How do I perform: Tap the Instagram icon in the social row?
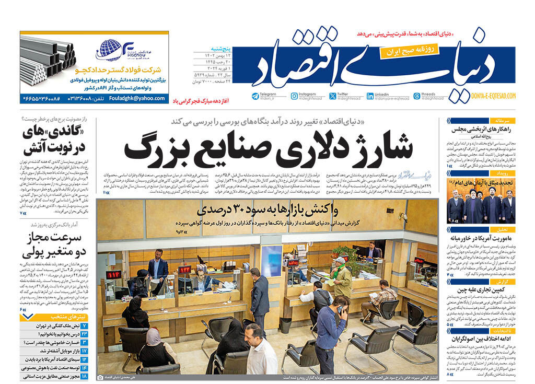(x=294, y=96)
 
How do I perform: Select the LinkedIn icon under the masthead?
(x=370, y=96)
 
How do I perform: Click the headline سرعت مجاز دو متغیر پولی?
(x=52, y=246)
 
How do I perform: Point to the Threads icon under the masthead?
(x=416, y=96)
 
